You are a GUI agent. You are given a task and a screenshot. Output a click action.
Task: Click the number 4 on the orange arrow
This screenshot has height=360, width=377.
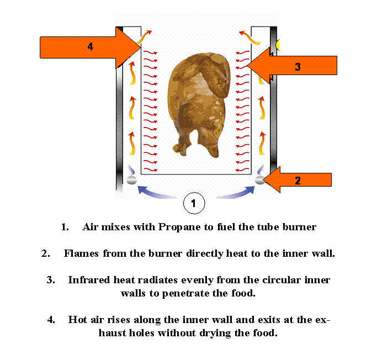[x=90, y=46]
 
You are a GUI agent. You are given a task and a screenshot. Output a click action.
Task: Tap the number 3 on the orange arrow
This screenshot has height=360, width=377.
[x=298, y=67]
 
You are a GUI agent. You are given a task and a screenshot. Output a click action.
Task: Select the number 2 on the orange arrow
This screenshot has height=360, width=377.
[x=298, y=181]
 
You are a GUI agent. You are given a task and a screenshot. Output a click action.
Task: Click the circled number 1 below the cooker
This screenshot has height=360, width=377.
[x=194, y=203]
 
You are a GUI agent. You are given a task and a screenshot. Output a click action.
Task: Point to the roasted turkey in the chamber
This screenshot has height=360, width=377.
[x=199, y=105]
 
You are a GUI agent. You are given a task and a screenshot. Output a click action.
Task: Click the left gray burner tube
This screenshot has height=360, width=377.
[x=131, y=180]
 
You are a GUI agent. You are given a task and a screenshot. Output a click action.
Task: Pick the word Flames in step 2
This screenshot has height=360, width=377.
[x=81, y=253]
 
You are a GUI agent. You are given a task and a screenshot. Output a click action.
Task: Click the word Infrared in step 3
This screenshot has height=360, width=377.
[x=89, y=280]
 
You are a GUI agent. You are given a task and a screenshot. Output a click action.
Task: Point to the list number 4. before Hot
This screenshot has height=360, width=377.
[x=51, y=320]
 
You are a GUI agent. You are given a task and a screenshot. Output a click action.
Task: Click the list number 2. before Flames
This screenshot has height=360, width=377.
[x=46, y=253]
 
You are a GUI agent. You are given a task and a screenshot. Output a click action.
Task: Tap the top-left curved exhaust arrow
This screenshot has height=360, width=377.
[x=144, y=38]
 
